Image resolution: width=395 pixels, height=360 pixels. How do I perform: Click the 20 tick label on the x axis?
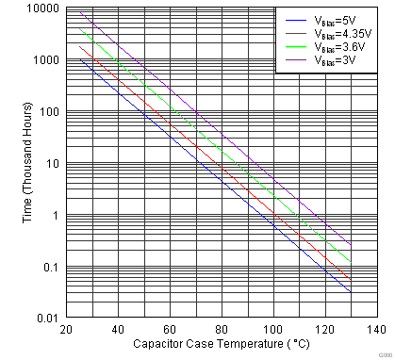(66, 330)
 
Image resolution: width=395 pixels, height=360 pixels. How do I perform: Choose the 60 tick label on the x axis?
(170, 330)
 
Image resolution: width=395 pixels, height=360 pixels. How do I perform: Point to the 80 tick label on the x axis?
(222, 330)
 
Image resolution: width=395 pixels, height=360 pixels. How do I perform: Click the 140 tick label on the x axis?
(376, 330)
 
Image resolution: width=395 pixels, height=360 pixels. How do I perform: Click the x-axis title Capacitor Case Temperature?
(221, 345)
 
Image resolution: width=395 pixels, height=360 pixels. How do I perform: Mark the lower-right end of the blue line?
(351, 292)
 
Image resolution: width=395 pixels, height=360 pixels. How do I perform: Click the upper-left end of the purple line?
(81, 11)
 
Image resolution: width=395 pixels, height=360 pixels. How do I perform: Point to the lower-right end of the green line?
(351, 263)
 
